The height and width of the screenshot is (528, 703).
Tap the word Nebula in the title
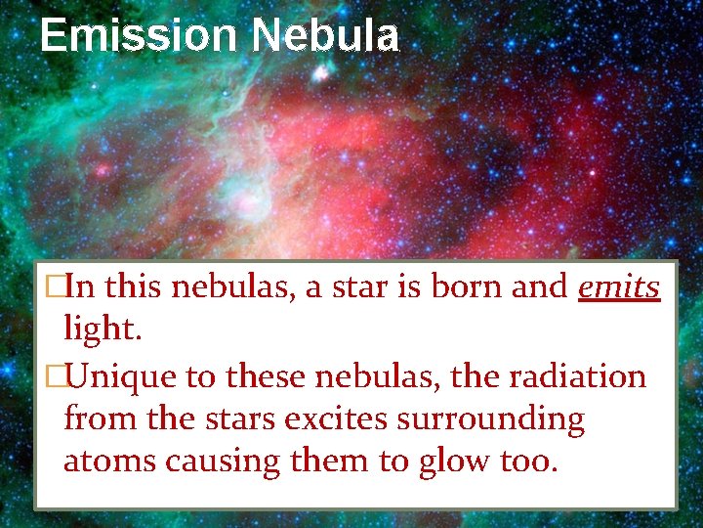click(x=325, y=36)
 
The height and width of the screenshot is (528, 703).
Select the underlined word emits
click(x=619, y=287)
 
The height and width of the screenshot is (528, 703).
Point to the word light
click(x=103, y=330)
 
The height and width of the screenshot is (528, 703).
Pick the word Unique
click(x=123, y=376)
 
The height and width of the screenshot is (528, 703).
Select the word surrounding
click(x=493, y=418)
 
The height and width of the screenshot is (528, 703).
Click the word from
click(x=99, y=418)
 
